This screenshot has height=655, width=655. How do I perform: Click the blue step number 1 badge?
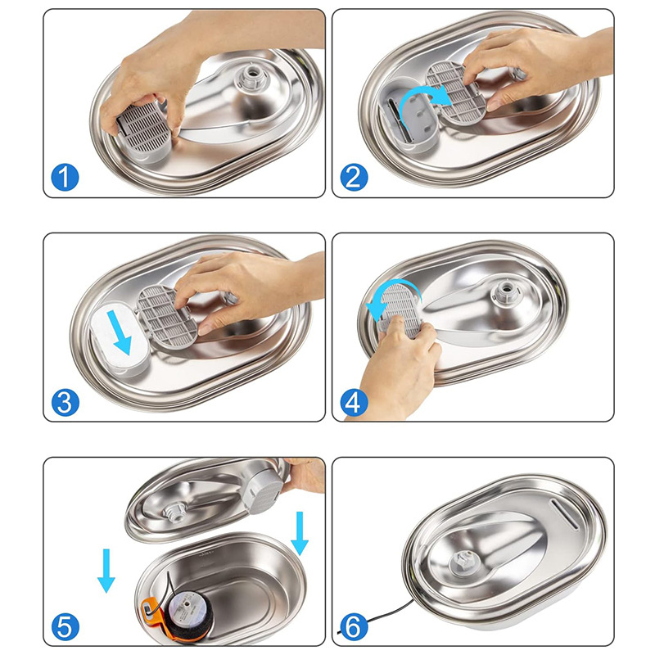pos(64,177)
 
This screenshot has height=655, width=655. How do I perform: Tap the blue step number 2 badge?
pos(353,177)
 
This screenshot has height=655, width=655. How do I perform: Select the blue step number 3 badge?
pos(64,401)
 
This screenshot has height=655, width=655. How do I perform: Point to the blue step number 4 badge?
pos(353,401)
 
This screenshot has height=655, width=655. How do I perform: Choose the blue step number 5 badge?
pos(64,626)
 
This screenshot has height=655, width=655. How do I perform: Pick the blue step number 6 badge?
pos(353,626)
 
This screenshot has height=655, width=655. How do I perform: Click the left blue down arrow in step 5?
pos(106,570)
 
